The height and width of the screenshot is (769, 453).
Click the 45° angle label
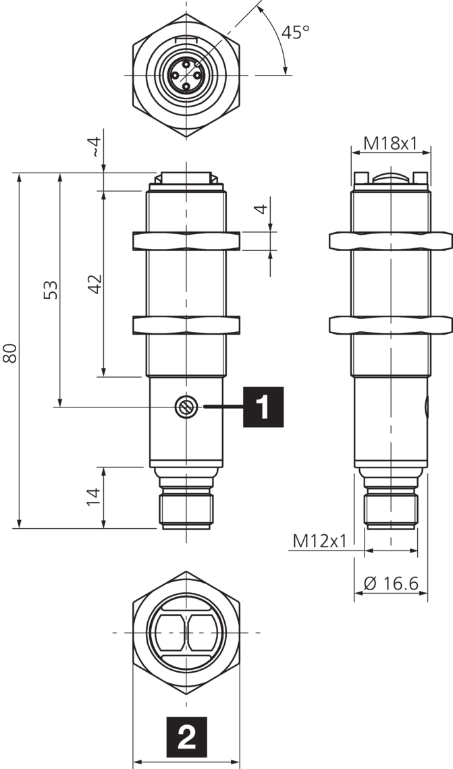pyautogui.click(x=296, y=32)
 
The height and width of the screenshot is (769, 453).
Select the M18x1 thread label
pyautogui.click(x=390, y=143)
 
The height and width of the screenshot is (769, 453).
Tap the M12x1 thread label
pyautogui.click(x=319, y=541)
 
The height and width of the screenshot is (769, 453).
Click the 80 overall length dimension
pyautogui.click(x=9, y=353)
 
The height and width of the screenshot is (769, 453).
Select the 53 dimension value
pyautogui.click(x=51, y=289)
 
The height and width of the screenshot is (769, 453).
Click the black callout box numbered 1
pyautogui.click(x=263, y=407)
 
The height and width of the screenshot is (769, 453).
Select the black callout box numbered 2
pyautogui.click(x=186, y=737)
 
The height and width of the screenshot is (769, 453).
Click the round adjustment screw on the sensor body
pyautogui.click(x=185, y=407)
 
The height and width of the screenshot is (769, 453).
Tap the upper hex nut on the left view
pyautogui.click(x=186, y=241)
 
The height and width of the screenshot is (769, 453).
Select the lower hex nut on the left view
pyautogui.click(x=186, y=324)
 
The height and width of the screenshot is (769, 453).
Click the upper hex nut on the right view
pyautogui.click(x=390, y=241)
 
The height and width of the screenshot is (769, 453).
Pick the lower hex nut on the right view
pyautogui.click(x=390, y=324)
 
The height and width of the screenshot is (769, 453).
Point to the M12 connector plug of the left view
pyautogui.click(x=186, y=511)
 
